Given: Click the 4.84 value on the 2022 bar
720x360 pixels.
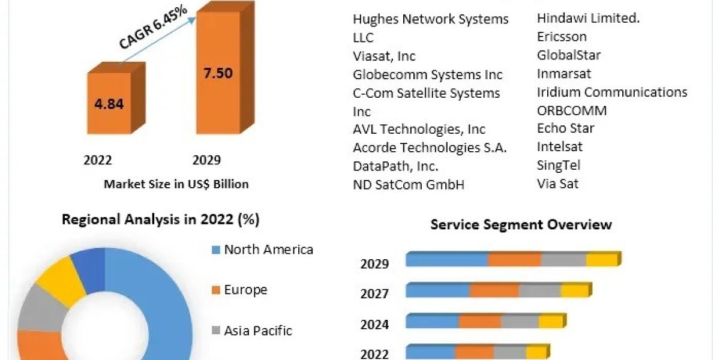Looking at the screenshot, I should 109,103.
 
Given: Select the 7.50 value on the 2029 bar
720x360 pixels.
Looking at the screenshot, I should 217,73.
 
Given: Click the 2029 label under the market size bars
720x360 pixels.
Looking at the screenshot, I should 206,160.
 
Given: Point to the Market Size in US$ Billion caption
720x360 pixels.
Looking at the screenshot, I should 176,184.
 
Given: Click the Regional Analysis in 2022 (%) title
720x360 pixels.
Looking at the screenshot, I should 161,220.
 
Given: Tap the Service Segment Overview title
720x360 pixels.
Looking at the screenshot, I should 521,224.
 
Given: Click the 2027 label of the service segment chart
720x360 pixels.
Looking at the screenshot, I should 374,294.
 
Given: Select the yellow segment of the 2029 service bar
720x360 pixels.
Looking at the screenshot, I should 602,260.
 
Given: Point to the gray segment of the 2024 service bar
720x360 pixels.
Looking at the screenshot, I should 520,322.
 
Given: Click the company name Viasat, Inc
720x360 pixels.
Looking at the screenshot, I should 384,56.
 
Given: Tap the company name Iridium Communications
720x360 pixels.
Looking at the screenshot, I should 612,92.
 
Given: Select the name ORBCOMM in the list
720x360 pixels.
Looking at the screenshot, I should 572,110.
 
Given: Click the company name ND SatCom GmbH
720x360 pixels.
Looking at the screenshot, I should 409,184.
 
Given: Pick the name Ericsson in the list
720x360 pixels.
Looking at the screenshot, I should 562,37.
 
